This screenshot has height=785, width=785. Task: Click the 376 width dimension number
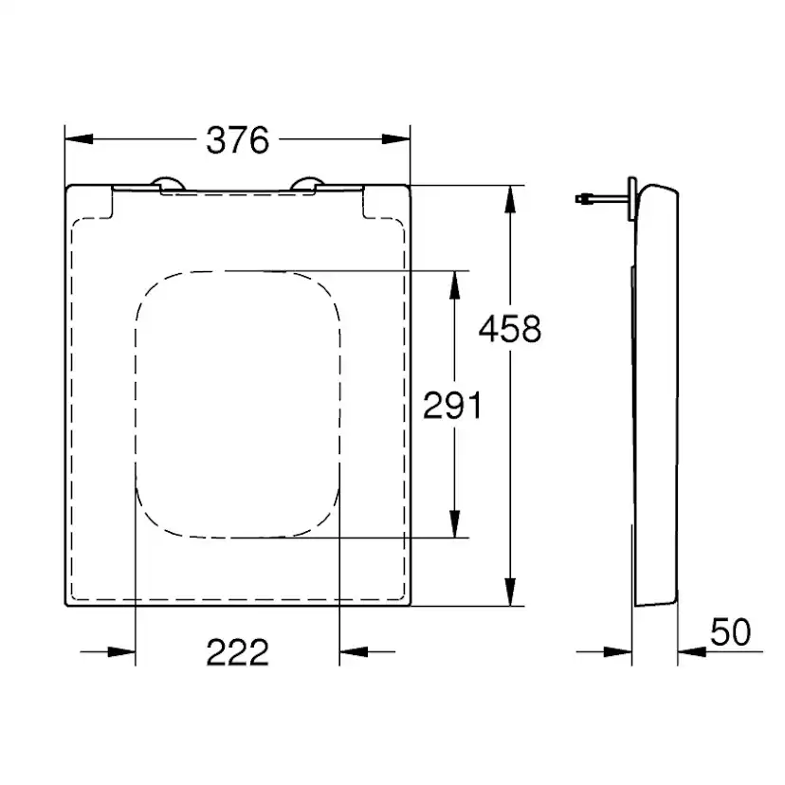[x=238, y=140]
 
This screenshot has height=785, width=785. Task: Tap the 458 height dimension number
[x=509, y=329]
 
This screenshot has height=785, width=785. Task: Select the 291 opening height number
[x=452, y=406]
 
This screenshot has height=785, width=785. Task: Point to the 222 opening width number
[x=238, y=651]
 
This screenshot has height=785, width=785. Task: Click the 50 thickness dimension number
[x=730, y=632]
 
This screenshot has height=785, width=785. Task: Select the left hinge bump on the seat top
[x=168, y=184]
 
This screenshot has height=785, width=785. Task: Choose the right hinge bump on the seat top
[x=308, y=184]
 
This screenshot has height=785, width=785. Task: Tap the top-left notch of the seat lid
[x=114, y=203]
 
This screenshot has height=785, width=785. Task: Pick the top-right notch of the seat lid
[x=365, y=203]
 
